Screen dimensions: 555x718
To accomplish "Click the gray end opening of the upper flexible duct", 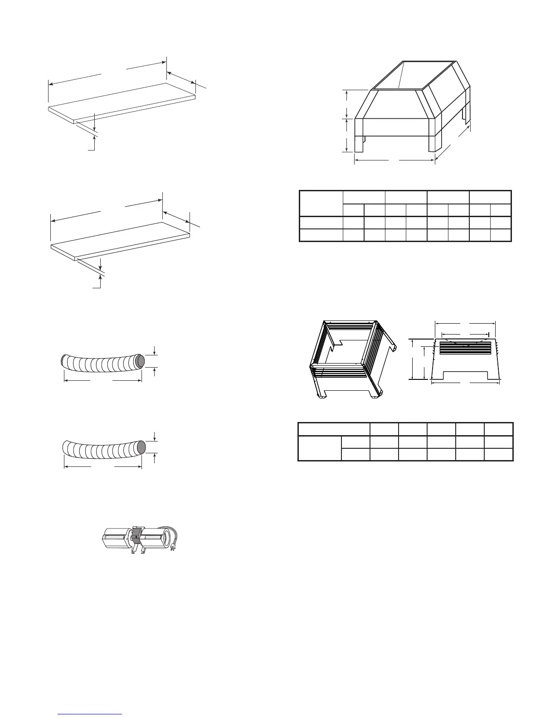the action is pos(140,360).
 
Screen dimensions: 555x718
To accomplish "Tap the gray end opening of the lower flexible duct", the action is pos(141,446).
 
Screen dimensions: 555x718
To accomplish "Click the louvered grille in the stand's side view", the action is pos(465,348).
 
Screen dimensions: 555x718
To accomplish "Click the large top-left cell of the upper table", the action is pos(321,204).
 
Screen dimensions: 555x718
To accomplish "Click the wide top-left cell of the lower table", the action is pos(333,429).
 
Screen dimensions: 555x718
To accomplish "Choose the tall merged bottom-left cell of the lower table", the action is pos(319,448).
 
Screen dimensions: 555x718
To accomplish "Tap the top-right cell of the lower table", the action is pos(498,429).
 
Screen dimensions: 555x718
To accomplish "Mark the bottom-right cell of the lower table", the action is pos(498,455).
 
